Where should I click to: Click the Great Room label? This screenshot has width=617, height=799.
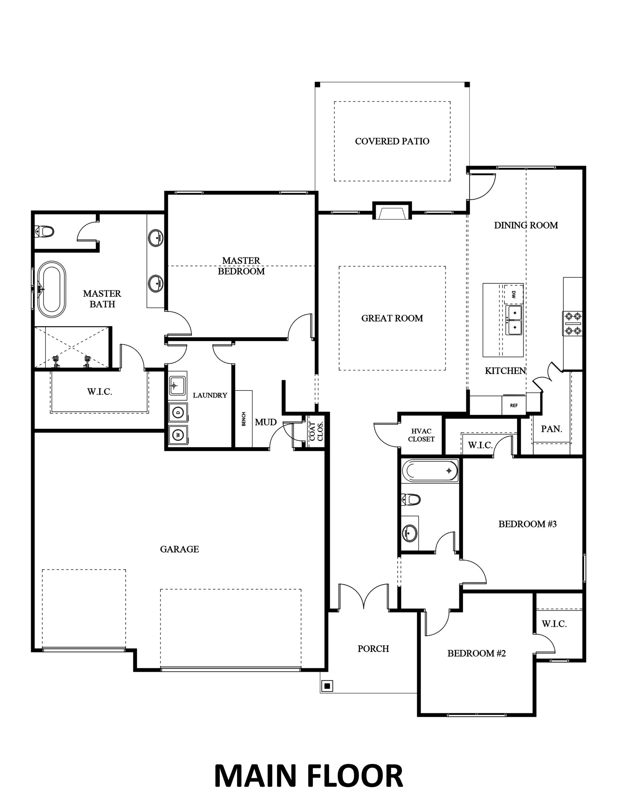point(392,318)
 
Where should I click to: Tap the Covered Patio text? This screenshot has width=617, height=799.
point(392,141)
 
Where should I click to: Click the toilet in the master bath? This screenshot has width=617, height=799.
point(45,231)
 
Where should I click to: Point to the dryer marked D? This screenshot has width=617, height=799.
point(178,412)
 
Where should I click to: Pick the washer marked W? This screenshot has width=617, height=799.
point(178,435)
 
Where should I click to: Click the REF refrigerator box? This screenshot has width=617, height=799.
point(514,405)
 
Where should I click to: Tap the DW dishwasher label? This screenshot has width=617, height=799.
point(513,295)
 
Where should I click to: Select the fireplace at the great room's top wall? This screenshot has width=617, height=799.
point(392,211)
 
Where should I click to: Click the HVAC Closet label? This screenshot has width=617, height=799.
point(421,435)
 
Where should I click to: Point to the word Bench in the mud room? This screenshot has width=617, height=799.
point(244,419)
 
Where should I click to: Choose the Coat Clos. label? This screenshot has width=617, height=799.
point(316,432)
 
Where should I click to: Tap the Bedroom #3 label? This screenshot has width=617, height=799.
point(527,524)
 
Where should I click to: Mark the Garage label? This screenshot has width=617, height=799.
point(179,549)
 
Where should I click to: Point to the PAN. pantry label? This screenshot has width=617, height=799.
point(551,429)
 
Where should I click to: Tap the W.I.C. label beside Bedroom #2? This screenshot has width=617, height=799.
point(554,624)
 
